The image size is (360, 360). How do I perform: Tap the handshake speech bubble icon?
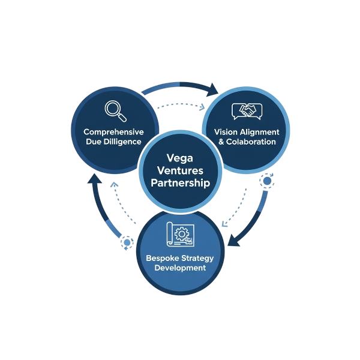click(247, 112)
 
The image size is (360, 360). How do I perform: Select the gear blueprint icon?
click(181, 236)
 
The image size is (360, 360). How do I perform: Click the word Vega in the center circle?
click(180, 158)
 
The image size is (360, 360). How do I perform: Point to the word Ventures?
click(180, 171)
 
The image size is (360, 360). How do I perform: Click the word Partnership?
click(180, 184)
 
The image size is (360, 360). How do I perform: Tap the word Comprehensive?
click(113, 131)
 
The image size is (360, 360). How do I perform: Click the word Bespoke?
click(162, 258)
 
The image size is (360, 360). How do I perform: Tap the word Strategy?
click(197, 258)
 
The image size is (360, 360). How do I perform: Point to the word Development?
click(180, 268)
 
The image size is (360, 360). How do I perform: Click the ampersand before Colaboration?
click(221, 142)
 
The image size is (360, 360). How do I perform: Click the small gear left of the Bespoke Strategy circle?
click(127, 243)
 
